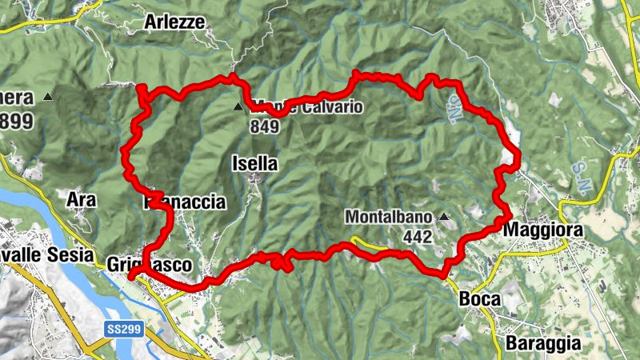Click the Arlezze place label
click(175, 22)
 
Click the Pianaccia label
click(186, 202)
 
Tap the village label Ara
click(82, 200)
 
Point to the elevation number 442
click(418, 236)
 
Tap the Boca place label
click(479, 299)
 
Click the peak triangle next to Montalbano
click(444, 216)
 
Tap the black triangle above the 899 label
click(49, 98)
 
